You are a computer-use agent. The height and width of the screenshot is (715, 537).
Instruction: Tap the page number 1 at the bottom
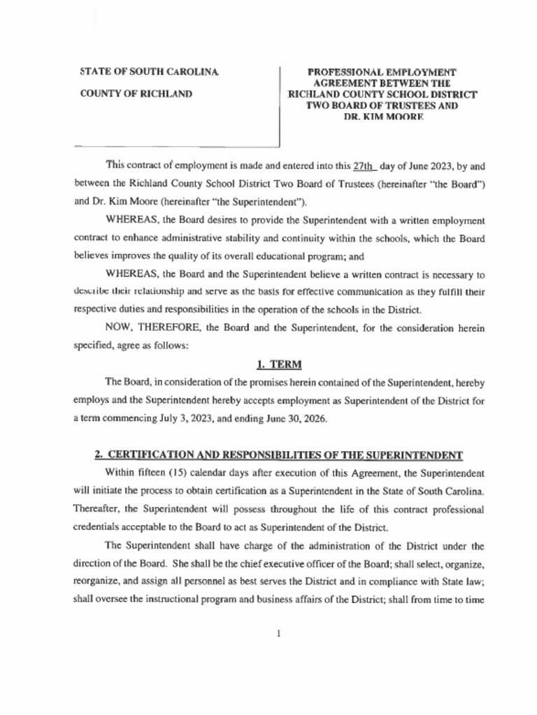click(x=278, y=634)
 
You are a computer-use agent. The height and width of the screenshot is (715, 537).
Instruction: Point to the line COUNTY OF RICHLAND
click(x=136, y=94)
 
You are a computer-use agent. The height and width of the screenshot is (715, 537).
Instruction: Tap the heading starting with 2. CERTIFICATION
click(x=279, y=455)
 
